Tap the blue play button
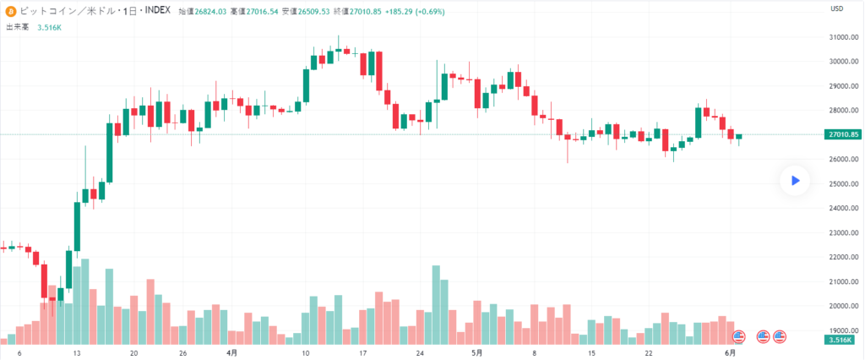795,180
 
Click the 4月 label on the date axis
232,353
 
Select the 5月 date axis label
478,353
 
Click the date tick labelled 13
78,353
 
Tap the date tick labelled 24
420,353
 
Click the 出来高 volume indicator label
18,27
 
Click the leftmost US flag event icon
738,336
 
